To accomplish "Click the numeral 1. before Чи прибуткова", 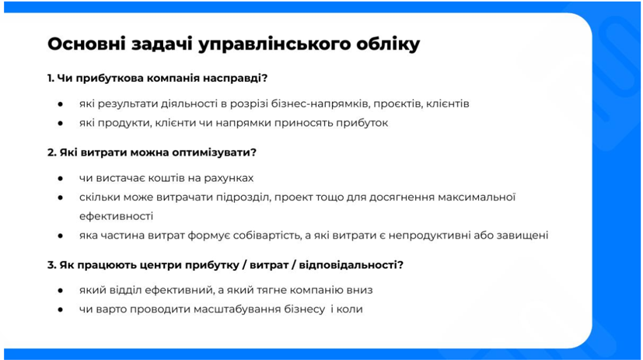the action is [x=51, y=78].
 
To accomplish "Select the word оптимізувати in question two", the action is [x=211, y=153].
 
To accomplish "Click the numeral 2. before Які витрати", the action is [x=51, y=152].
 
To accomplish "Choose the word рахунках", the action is [x=229, y=178].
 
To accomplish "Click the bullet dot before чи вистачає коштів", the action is [x=61, y=178].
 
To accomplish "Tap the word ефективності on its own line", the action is [x=116, y=216].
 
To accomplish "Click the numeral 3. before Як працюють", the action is [x=51, y=265].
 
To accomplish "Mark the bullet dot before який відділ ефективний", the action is [x=61, y=290].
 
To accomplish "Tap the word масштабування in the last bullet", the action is [x=237, y=309].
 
